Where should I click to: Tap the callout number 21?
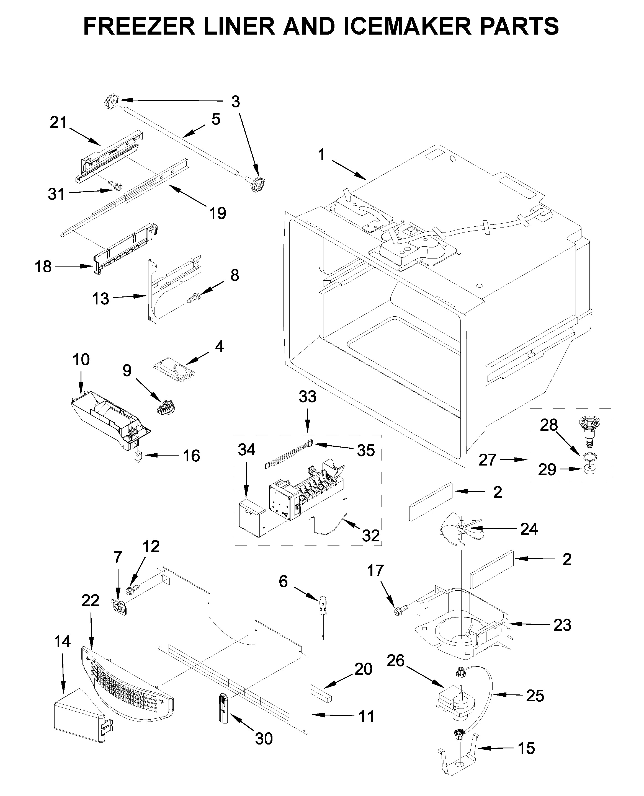[x=58, y=122]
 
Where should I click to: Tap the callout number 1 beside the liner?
[x=322, y=155]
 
